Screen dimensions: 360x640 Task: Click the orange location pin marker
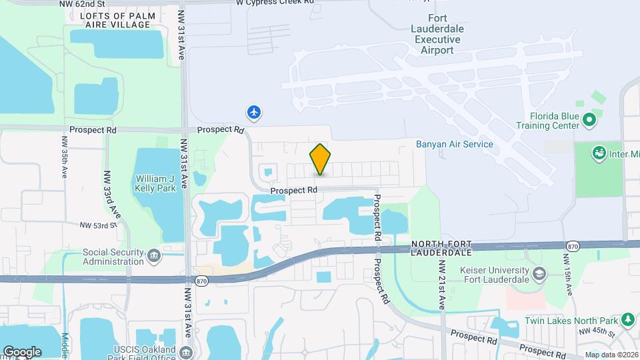tap(320, 160)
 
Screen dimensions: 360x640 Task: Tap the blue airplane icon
tap(254, 112)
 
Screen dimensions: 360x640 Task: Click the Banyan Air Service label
tap(454, 144)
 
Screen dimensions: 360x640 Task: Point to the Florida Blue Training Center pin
tap(589, 121)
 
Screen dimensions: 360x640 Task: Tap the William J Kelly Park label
tap(159, 184)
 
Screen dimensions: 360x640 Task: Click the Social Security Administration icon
tap(154, 255)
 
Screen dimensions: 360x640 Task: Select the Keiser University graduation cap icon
tap(539, 273)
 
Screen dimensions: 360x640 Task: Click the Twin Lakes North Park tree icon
tap(627, 319)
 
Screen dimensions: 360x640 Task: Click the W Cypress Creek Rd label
tap(275, 3)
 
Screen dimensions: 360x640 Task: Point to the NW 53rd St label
tap(97, 226)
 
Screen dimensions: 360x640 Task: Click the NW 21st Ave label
tap(441, 283)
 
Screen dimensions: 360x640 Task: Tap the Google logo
tap(22, 352)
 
